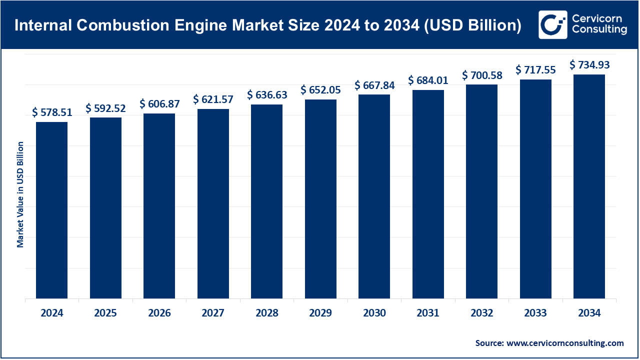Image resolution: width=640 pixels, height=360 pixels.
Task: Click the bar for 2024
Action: tap(51, 210)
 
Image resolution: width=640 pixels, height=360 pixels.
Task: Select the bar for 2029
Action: tap(320, 199)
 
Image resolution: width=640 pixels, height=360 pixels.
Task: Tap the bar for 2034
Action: tap(589, 186)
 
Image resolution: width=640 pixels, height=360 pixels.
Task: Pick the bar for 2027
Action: tap(213, 203)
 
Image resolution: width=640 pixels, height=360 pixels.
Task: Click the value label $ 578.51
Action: tap(52, 112)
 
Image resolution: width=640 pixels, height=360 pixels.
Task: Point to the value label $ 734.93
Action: tap(589, 65)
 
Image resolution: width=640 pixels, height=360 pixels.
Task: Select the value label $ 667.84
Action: tap(374, 85)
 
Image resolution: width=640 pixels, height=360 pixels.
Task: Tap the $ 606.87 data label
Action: tap(159, 104)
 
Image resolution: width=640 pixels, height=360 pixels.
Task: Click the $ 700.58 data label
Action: tap(482, 75)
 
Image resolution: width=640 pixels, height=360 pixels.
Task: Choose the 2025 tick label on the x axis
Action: tap(105, 313)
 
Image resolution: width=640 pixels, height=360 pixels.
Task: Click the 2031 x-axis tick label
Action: tap(428, 313)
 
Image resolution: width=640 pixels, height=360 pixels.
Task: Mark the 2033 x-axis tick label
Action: tap(535, 313)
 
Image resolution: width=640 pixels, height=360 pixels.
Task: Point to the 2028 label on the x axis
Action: tap(266, 313)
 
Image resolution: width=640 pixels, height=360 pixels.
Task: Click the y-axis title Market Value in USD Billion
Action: tap(20, 194)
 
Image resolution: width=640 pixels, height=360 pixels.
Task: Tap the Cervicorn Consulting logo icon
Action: tap(552, 24)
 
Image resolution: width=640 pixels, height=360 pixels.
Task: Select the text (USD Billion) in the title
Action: tap(471, 25)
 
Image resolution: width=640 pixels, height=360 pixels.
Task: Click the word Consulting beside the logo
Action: tap(599, 30)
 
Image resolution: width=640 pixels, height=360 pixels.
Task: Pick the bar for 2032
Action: tap(481, 191)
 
